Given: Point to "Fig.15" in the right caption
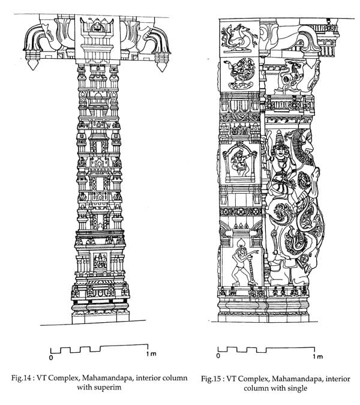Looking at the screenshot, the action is [211, 379].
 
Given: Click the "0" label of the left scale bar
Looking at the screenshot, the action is [51, 358].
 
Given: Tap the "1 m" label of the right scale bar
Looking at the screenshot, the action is [317, 356].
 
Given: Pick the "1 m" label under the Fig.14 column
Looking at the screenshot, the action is [151, 353].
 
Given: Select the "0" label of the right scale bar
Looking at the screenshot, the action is [218, 356].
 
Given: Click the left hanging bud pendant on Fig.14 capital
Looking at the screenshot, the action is [32, 64].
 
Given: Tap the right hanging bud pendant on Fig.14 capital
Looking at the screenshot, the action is [161, 66].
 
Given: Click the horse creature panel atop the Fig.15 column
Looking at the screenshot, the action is [239, 38].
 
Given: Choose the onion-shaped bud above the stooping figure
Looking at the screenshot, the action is [241, 242].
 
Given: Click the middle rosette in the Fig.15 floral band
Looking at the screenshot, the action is [241, 212].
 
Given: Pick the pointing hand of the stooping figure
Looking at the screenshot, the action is [257, 251].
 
